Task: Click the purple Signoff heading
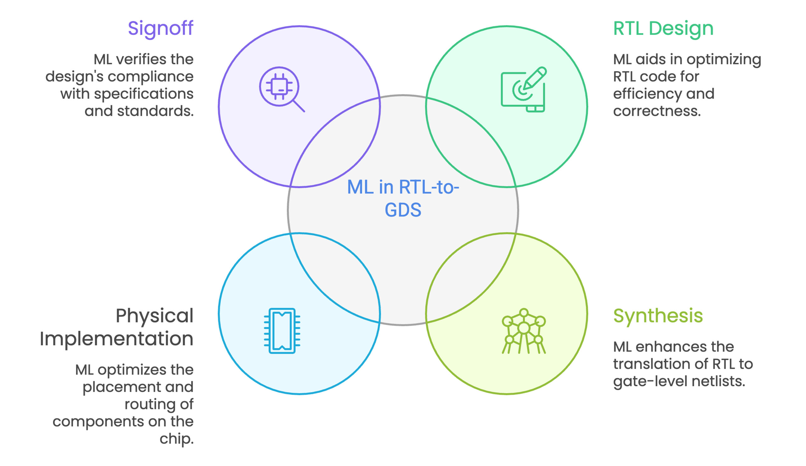(x=160, y=28)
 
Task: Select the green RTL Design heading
(x=663, y=28)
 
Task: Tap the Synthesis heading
(x=658, y=316)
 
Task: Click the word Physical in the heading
(x=155, y=316)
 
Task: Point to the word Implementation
(x=116, y=339)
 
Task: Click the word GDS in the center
(x=403, y=210)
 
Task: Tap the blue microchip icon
(x=282, y=330)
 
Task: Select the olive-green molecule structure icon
(x=524, y=330)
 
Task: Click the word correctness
(x=657, y=111)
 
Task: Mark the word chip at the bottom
(x=176, y=439)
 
